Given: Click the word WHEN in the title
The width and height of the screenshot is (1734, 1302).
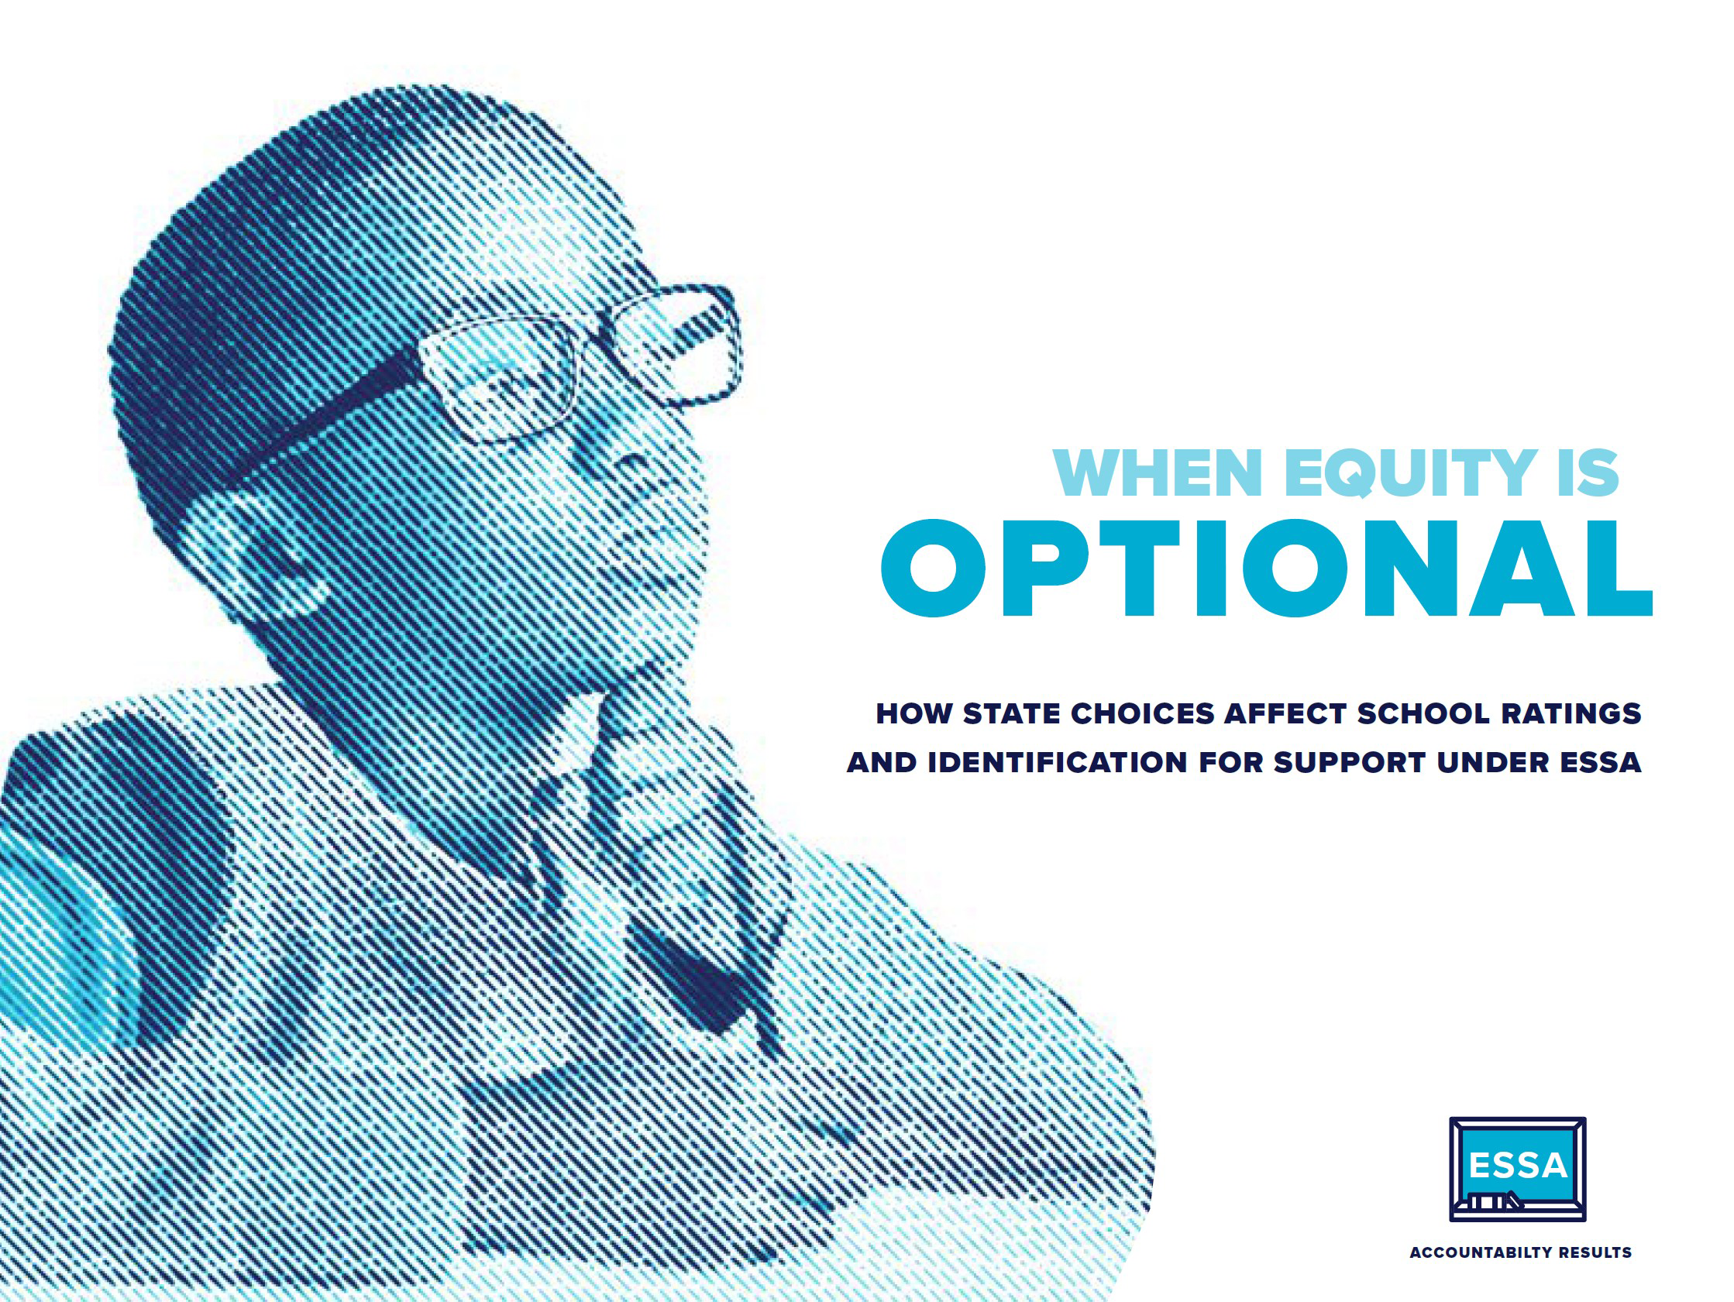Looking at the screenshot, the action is (x=1157, y=472).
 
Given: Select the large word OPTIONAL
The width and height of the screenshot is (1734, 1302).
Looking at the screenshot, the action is (x=1267, y=569).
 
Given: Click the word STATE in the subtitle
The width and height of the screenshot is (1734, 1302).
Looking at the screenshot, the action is (x=1011, y=713).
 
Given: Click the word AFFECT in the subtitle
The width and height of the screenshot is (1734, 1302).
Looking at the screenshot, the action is (x=1285, y=713).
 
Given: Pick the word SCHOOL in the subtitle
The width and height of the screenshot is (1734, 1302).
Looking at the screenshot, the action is (x=1423, y=713).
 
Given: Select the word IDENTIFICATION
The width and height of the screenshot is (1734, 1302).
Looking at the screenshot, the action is (x=1058, y=762).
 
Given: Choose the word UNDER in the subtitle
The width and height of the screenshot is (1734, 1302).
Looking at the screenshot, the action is (x=1493, y=762).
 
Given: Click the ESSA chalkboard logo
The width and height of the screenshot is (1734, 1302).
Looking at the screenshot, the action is (x=1518, y=1169).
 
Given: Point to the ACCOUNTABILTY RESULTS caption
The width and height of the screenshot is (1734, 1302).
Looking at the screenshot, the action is (x=1521, y=1252).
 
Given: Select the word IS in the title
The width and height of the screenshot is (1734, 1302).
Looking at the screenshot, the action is (x=1588, y=472).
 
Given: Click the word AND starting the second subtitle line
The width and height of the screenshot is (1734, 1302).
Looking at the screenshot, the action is (x=882, y=762).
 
